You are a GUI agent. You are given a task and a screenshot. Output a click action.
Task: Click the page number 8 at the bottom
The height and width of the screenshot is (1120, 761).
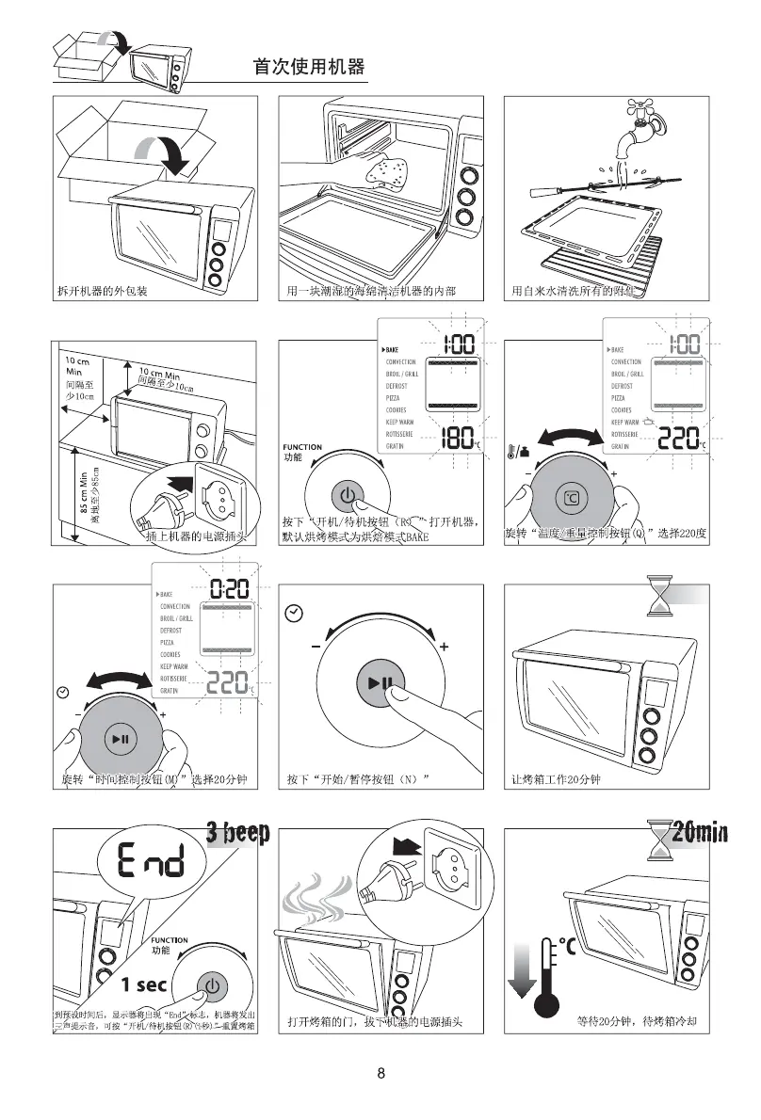380,1074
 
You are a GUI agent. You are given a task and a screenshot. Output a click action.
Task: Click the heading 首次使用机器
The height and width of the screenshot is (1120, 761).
308,68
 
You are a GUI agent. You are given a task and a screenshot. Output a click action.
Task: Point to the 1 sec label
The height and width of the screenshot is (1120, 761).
145,985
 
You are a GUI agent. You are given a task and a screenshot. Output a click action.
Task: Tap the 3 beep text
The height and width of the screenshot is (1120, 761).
237,832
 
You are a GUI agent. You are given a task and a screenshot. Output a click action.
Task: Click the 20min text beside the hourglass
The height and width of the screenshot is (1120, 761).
701,831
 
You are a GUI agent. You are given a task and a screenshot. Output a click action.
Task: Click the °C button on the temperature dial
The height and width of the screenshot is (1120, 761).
571,497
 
